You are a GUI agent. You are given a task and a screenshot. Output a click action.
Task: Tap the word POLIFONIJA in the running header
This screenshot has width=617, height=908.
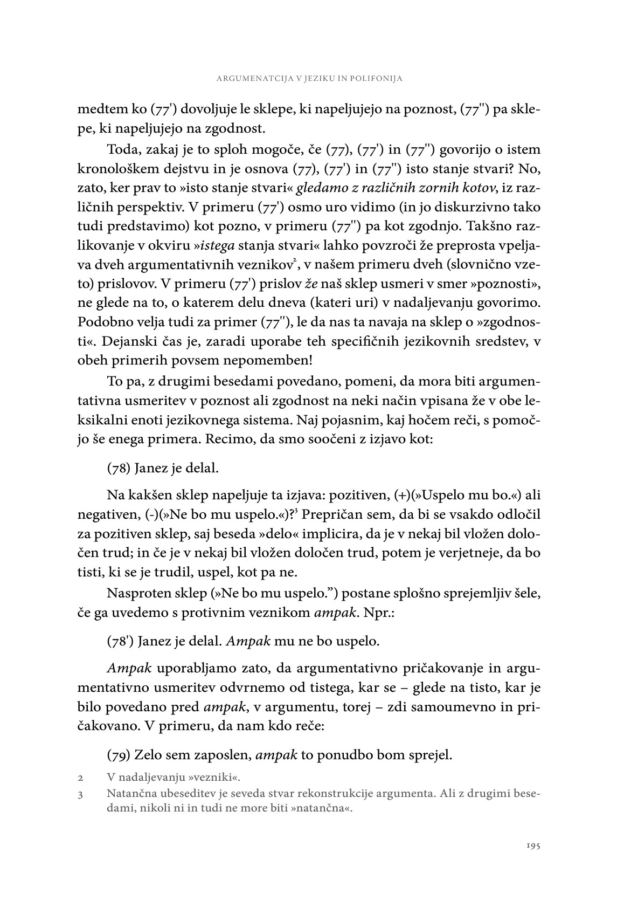pyautogui.click(x=376, y=79)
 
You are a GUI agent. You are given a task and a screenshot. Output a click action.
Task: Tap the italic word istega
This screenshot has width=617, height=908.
pyautogui.click(x=217, y=245)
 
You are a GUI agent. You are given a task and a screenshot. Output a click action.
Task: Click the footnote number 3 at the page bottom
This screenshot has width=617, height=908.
pyautogui.click(x=80, y=794)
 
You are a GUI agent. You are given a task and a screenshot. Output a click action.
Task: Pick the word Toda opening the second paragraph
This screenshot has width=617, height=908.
pyautogui.click(x=122, y=149)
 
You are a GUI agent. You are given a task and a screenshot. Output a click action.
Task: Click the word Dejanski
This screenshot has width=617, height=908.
pyautogui.click(x=135, y=341)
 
